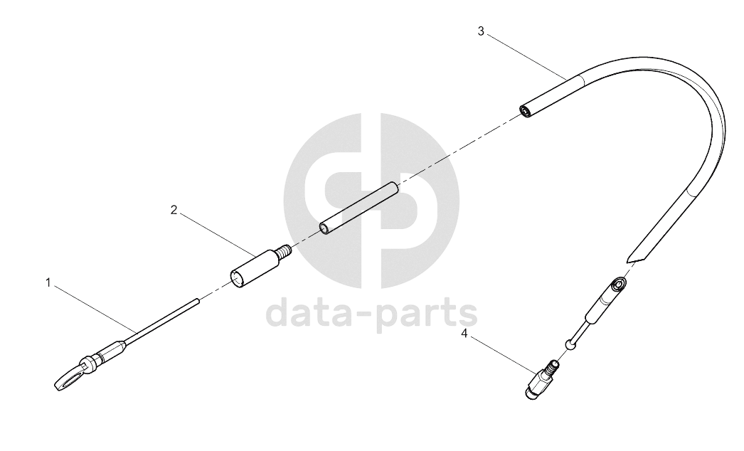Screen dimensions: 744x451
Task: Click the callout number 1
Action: pyautogui.click(x=48, y=283)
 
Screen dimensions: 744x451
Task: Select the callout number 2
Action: pyautogui.click(x=174, y=210)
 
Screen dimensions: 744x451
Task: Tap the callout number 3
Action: pyautogui.click(x=481, y=32)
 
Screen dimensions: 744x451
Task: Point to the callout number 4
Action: pyautogui.click(x=464, y=334)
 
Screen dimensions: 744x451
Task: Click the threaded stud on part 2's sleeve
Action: pyautogui.click(x=284, y=250)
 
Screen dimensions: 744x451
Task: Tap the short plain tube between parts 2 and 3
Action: pyautogui.click(x=359, y=208)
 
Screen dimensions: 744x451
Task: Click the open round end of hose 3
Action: pyautogui.click(x=525, y=112)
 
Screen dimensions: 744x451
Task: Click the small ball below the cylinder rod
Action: pyautogui.click(x=570, y=344)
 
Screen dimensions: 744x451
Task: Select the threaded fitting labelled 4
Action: pyautogui.click(x=542, y=381)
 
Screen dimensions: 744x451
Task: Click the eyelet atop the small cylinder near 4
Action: pyautogui.click(x=619, y=285)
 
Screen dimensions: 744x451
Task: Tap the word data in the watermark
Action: pyautogui.click(x=314, y=312)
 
